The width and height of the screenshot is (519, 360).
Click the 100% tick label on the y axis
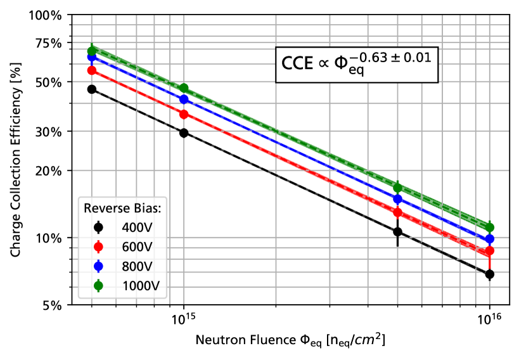pos(46,15)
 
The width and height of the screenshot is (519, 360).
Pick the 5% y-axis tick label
pos(53,305)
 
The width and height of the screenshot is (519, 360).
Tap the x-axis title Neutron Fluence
pos(290,340)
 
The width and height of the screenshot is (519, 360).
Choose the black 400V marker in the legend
pos(98,227)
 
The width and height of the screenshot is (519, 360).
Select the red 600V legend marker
pos(98,247)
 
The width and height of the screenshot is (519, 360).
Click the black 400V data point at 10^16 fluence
pos(489,274)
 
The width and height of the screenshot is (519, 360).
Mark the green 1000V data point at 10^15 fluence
pos(184,88)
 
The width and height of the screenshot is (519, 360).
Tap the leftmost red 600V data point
pos(92,70)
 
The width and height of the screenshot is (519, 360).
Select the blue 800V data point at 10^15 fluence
pos(184,100)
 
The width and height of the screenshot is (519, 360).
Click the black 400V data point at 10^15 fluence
pos(184,132)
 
